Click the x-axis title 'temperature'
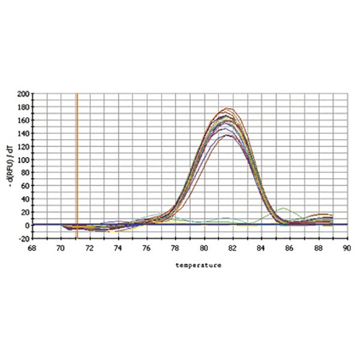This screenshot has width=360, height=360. tap(198, 264)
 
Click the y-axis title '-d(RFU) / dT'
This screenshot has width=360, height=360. tap(13, 166)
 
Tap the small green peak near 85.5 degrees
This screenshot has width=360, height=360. tap(284, 208)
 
